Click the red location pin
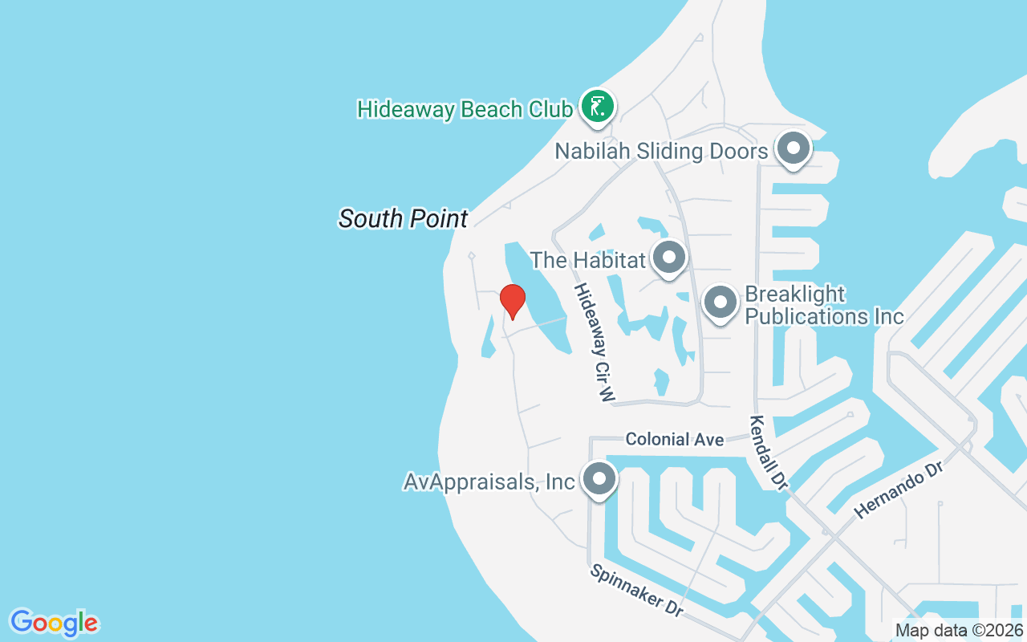click(512, 301)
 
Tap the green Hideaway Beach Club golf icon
click(598, 106)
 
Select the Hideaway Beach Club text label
click(465, 109)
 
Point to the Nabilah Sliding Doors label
click(663, 151)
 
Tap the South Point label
click(403, 218)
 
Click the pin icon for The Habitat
click(668, 258)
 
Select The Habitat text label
click(588, 260)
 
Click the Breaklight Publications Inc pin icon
click(720, 303)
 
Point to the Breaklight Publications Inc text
click(824, 305)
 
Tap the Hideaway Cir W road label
click(595, 342)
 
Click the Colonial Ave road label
click(674, 439)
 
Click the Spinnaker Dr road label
click(637, 590)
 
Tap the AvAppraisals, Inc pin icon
click(598, 480)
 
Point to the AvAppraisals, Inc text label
click(489, 482)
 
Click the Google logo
click(54, 623)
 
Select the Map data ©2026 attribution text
click(960, 630)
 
